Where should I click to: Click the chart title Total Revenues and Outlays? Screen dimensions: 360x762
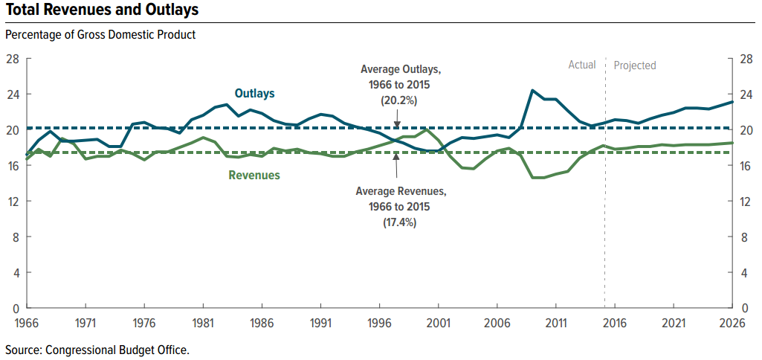(102, 10)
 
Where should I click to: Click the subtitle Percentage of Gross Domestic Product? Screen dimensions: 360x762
(100, 35)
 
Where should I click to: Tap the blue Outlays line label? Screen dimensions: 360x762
(255, 94)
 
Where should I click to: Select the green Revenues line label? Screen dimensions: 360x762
(254, 176)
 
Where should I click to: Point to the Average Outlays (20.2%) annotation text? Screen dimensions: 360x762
(401, 84)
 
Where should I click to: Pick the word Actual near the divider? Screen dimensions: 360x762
(582, 65)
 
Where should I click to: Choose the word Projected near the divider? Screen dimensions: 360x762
(635, 65)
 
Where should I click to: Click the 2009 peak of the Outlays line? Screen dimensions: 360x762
(532, 91)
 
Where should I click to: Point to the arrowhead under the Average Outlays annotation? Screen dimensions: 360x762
(397, 124)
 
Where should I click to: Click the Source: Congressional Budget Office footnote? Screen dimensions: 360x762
(97, 349)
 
